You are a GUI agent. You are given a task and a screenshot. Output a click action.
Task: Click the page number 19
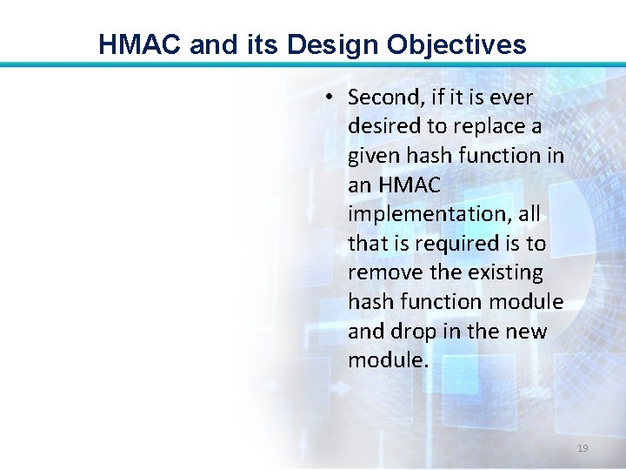[x=583, y=448]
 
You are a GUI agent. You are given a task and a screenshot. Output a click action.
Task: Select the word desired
[x=383, y=126]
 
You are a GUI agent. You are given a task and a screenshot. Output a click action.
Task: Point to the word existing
[x=505, y=272]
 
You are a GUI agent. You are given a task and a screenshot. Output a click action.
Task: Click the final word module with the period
[x=388, y=360]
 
